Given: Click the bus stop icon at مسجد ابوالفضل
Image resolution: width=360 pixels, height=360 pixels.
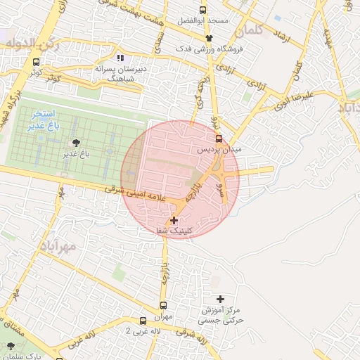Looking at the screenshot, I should click(203, 11).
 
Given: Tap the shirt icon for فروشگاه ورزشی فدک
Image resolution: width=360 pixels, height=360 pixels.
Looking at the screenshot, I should click(209, 38).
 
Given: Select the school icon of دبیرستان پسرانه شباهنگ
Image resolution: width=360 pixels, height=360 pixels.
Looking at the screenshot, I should click(120, 58).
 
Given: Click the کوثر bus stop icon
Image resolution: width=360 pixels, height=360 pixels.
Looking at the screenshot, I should click(37, 63).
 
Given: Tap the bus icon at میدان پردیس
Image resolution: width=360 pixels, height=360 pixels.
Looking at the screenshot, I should click(219, 139).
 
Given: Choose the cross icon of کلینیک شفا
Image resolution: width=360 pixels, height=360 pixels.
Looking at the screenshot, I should click(174, 221).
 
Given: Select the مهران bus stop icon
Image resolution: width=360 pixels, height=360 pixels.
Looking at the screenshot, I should click(164, 306).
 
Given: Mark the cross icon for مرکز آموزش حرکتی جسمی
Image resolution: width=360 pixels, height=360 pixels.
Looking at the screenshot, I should click(221, 300).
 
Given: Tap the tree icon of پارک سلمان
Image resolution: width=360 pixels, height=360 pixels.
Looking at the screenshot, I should click(11, 347).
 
